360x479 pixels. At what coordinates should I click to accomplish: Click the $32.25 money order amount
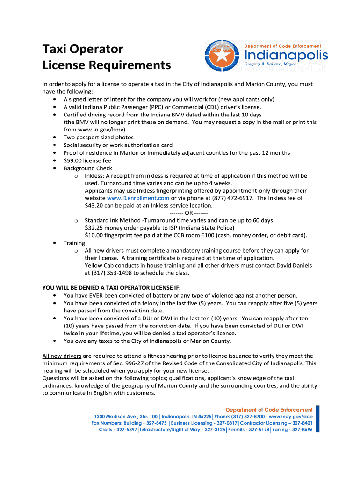(x=94, y=228)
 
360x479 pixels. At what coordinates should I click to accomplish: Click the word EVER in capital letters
(x=99, y=295)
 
